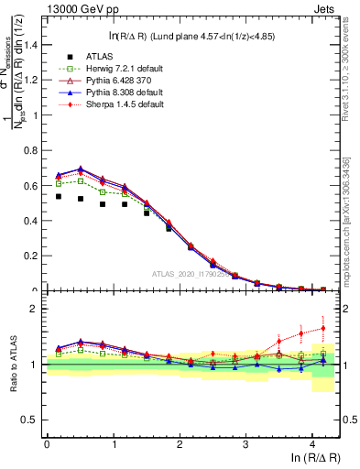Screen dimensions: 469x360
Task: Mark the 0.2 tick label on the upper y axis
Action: (x=33, y=256)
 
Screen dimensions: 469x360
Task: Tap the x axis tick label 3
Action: (x=245, y=443)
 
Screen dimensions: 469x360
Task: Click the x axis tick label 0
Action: (x=47, y=443)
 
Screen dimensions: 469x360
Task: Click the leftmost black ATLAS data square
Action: (x=59, y=196)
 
